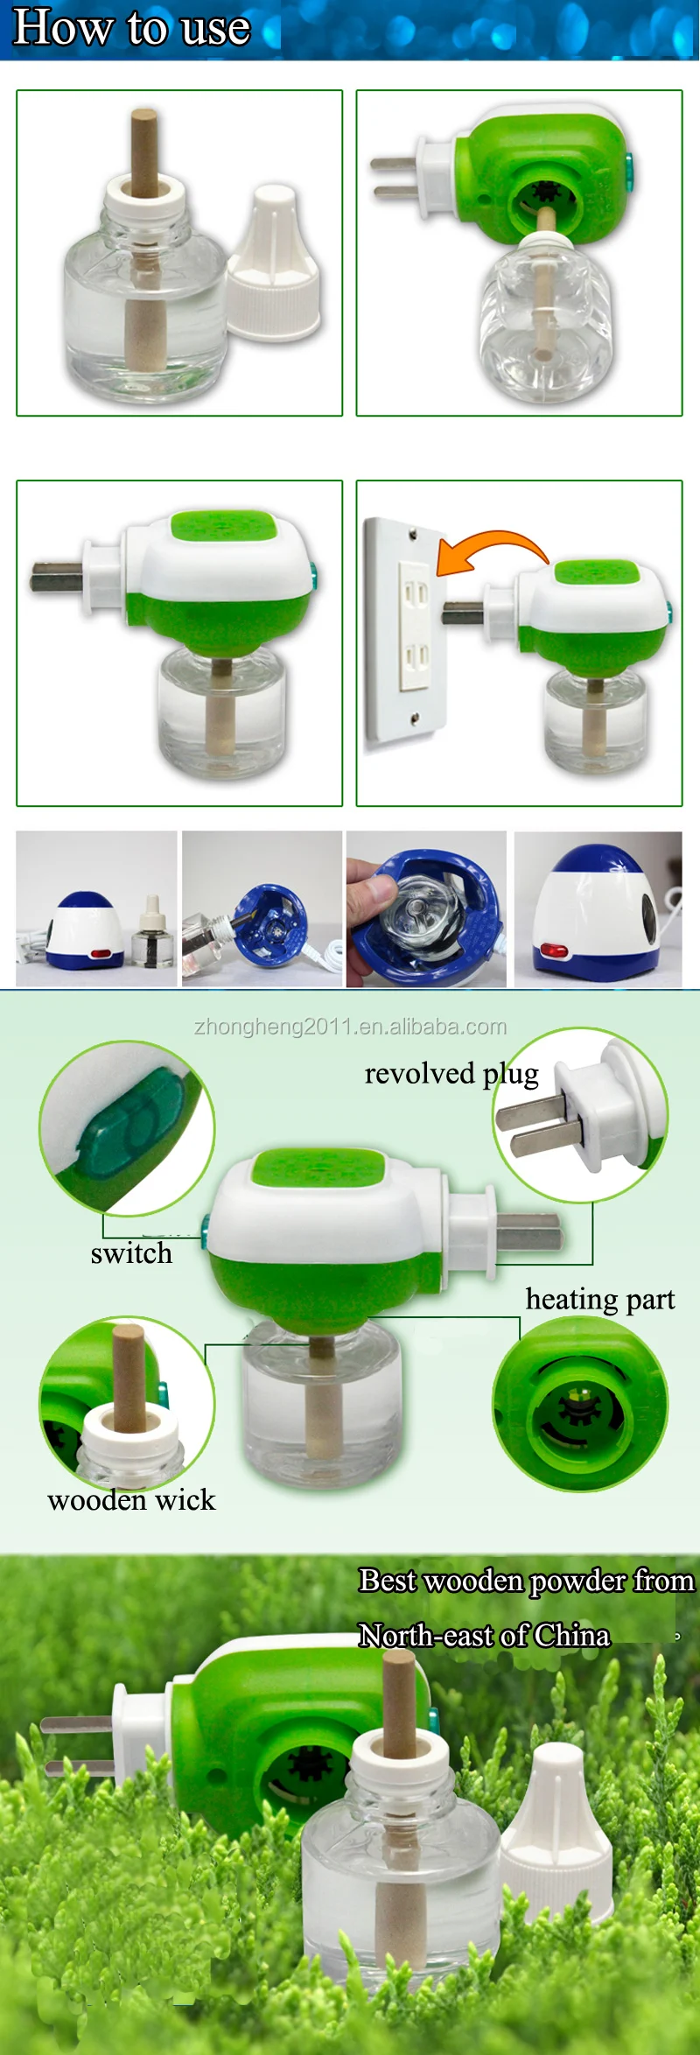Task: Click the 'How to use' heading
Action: coord(131,27)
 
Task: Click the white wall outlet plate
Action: coord(403,630)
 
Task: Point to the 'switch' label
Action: coord(131,1253)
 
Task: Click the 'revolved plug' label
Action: coord(451,1074)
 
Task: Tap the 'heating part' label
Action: coord(599,1300)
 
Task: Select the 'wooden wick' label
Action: coord(131,1500)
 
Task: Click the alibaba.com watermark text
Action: coord(350,1027)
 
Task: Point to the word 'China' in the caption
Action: coord(572,1636)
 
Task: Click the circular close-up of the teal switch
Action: coord(127,1128)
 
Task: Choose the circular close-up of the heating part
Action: coord(580,1404)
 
